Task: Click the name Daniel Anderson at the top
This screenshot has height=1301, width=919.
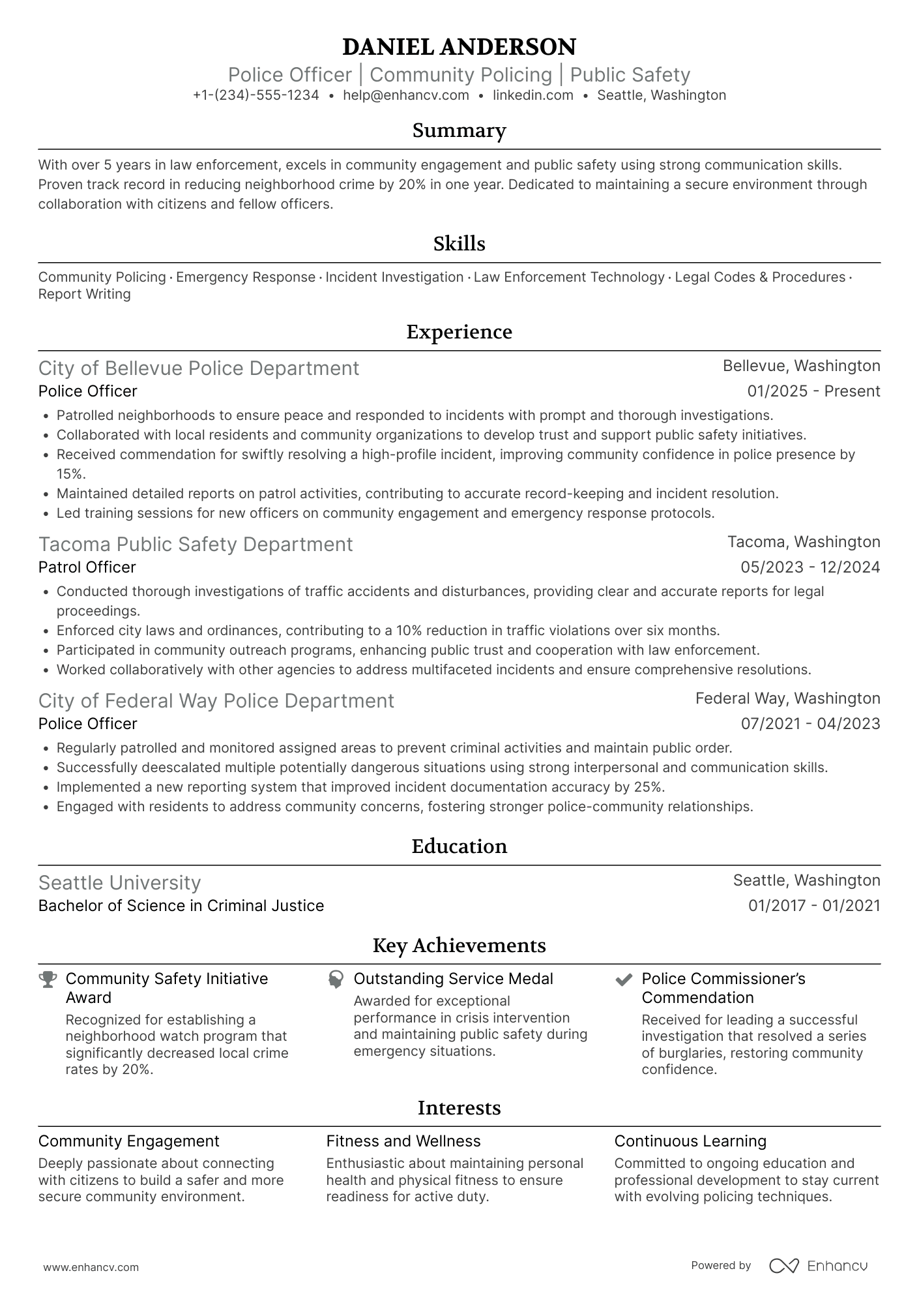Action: [459, 47]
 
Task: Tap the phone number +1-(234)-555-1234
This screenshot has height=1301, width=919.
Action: [256, 95]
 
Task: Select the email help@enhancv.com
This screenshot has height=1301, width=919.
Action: [406, 95]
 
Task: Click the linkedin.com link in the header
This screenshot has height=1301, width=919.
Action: [532, 95]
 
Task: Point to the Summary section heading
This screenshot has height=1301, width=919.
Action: [459, 130]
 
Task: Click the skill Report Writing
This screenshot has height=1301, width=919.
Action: [84, 294]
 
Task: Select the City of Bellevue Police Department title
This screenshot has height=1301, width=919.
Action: [199, 368]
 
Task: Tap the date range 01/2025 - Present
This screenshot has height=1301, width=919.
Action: [813, 391]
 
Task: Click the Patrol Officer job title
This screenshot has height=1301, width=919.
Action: [87, 567]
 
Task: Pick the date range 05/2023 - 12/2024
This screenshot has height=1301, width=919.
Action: [810, 567]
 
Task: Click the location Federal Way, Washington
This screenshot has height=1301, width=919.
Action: [787, 698]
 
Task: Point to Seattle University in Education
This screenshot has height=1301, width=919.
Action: [119, 883]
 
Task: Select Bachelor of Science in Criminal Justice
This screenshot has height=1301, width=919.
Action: [181, 906]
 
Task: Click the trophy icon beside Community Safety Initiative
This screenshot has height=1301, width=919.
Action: [48, 979]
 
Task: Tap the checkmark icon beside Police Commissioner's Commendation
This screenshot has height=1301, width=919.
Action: [624, 979]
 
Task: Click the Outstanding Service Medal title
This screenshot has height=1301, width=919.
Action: [453, 979]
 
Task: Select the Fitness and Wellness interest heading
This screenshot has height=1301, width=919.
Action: [403, 1141]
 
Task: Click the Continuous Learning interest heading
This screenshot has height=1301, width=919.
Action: [690, 1141]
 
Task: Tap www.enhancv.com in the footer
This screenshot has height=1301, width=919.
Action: [91, 1267]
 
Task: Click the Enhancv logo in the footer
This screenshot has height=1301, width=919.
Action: [818, 1266]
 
